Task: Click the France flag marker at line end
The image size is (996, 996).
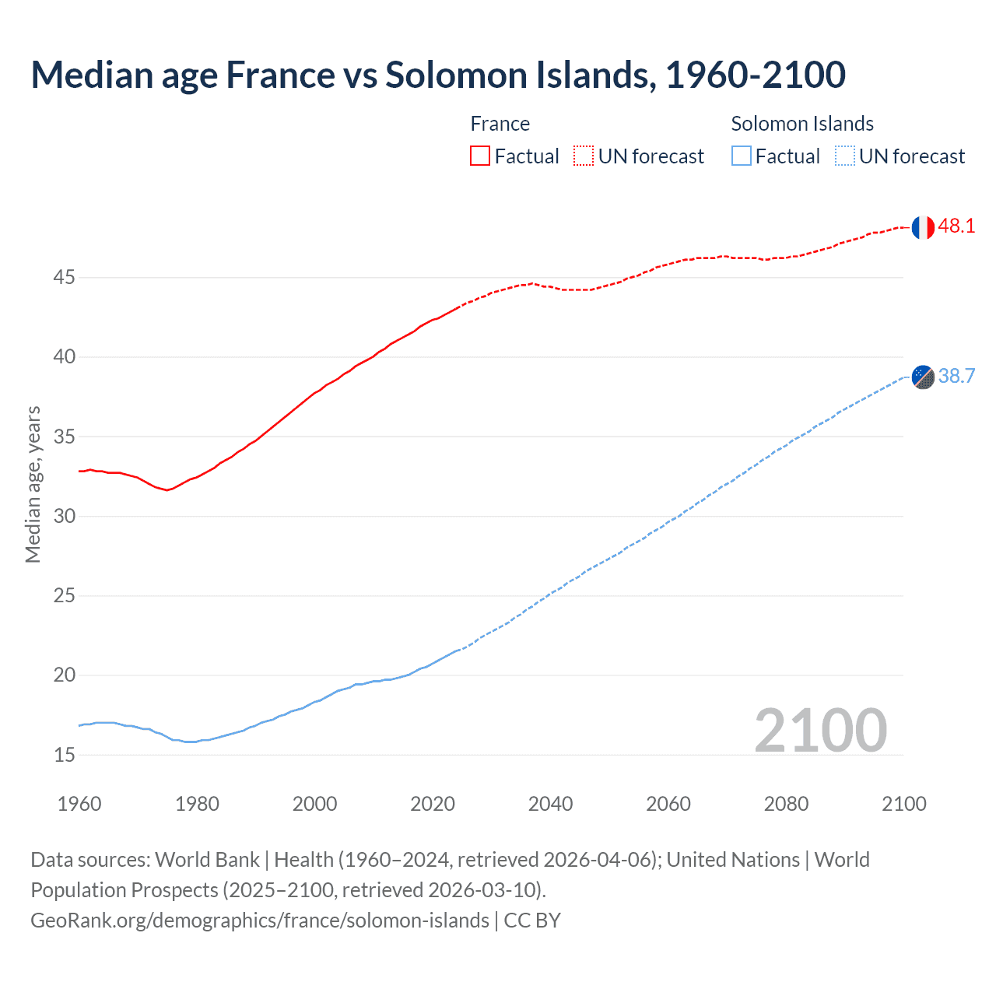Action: pyautogui.click(x=923, y=227)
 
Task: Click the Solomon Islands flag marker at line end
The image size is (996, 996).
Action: pyautogui.click(x=923, y=377)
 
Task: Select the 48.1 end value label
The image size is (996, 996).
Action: pyautogui.click(x=956, y=226)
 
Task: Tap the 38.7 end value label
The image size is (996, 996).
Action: pyautogui.click(x=956, y=377)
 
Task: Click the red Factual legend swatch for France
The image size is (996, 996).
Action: pyautogui.click(x=480, y=156)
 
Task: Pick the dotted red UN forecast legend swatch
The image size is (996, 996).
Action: pyautogui.click(x=584, y=156)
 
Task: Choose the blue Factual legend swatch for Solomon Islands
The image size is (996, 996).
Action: pyautogui.click(x=742, y=156)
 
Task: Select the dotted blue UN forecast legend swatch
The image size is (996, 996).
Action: pyautogui.click(x=844, y=156)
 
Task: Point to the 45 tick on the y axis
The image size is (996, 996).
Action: pyautogui.click(x=65, y=277)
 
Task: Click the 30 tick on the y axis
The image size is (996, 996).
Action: pyautogui.click(x=65, y=516)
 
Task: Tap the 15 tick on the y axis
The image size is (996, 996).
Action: pyautogui.click(x=65, y=755)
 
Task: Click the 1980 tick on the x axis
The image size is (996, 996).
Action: pyautogui.click(x=197, y=804)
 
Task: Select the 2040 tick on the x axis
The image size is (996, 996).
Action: pyautogui.click(x=550, y=804)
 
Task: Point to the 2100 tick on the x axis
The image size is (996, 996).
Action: pyautogui.click(x=903, y=804)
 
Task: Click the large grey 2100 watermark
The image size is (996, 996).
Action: pyautogui.click(x=820, y=730)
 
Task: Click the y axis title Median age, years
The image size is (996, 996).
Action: pyautogui.click(x=33, y=484)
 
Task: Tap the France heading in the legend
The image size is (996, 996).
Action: pyautogui.click(x=500, y=124)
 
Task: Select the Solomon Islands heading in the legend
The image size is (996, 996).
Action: pyautogui.click(x=801, y=124)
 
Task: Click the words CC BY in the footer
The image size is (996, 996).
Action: pyautogui.click(x=532, y=921)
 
